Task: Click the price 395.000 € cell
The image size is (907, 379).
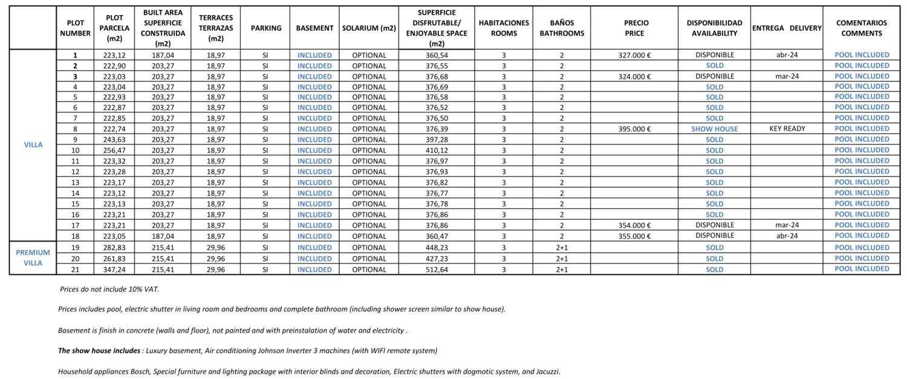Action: click(634, 129)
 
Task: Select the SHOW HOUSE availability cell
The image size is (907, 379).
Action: click(714, 129)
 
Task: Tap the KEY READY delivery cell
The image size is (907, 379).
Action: click(787, 129)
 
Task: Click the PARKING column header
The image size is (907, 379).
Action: click(265, 28)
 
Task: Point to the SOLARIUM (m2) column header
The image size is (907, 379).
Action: click(369, 28)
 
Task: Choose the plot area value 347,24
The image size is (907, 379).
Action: click(114, 269)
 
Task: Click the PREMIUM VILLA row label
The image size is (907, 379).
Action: click(33, 258)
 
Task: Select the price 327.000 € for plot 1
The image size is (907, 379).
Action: click(634, 55)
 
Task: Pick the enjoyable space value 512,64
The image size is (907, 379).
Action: click(437, 269)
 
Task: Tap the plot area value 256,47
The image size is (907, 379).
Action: click(114, 150)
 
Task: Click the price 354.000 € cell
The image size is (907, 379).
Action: click(634, 225)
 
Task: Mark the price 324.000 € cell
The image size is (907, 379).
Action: click(634, 76)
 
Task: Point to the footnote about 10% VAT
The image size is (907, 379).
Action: click(109, 289)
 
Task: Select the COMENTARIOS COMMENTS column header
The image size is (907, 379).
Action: click(862, 28)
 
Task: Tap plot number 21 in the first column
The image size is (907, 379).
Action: click(75, 269)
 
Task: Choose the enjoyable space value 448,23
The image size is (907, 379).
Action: click(437, 248)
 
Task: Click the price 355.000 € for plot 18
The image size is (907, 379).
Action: click(634, 236)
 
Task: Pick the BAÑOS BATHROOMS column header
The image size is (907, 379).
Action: click(562, 28)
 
